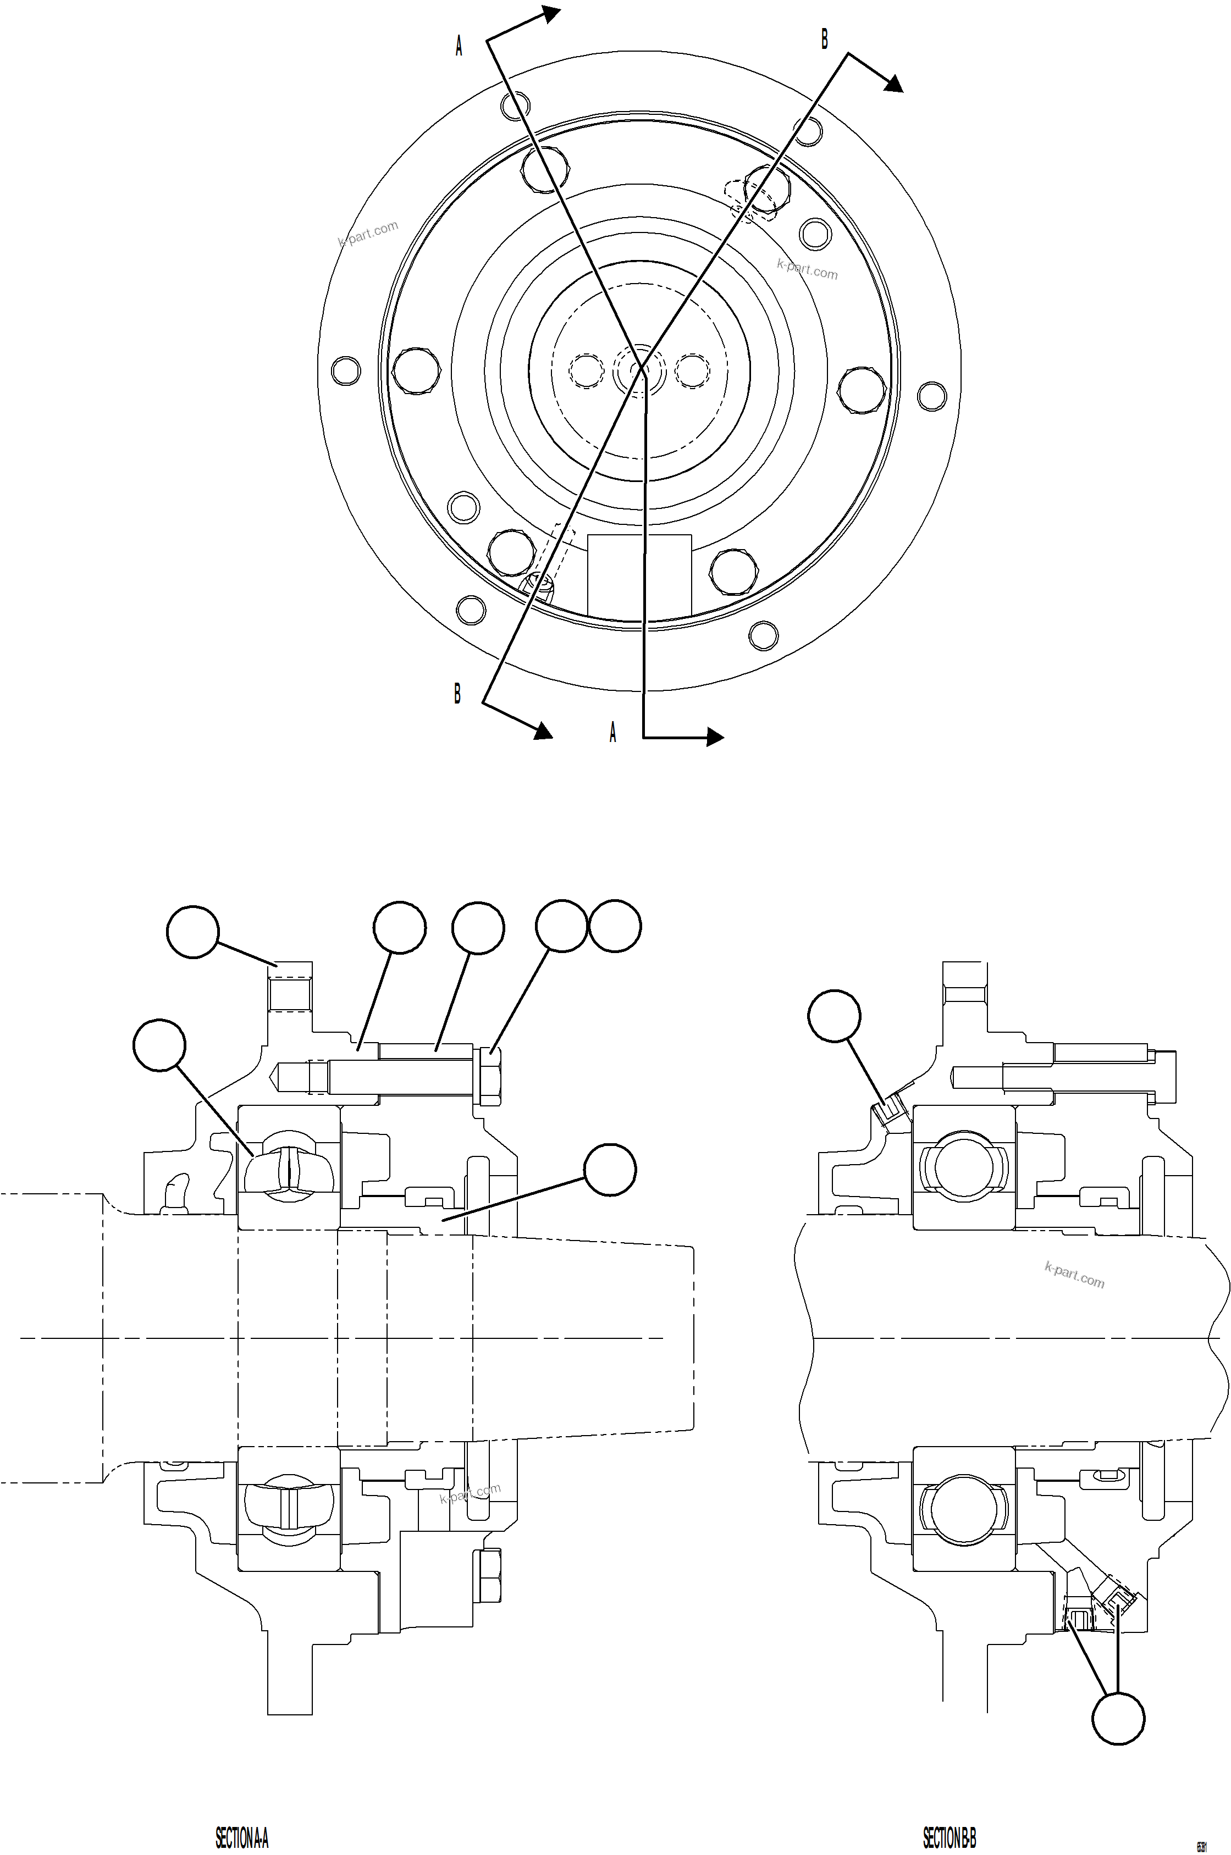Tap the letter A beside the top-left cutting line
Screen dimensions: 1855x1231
pos(459,47)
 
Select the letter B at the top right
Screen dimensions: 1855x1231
pos(824,38)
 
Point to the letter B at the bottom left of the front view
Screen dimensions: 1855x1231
pos(457,694)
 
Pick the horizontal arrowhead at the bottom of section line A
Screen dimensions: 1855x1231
pos(714,736)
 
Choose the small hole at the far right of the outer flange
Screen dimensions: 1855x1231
pos(932,396)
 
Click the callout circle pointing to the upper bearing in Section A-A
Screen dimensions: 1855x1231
pos(159,1046)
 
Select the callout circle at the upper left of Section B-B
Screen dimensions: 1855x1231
pos(835,1015)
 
